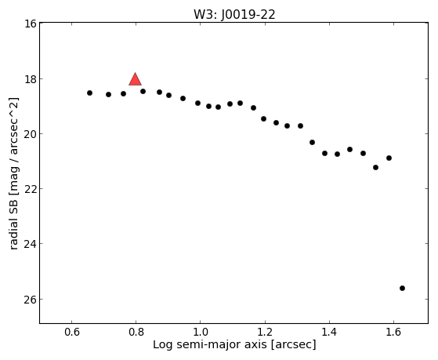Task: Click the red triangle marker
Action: pos(136,79)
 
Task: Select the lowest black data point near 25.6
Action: pos(402,288)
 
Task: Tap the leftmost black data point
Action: pos(89,93)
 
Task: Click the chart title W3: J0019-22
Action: pos(234,15)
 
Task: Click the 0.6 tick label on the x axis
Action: pos(72,332)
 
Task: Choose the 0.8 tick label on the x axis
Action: pos(136,332)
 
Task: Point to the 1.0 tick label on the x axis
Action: pos(201,332)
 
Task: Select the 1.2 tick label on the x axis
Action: pos(265,332)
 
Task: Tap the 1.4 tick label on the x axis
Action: pos(329,332)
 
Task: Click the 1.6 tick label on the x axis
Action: pos(393,332)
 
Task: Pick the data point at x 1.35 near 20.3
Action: pos(313,143)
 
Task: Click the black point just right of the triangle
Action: pos(143,91)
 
